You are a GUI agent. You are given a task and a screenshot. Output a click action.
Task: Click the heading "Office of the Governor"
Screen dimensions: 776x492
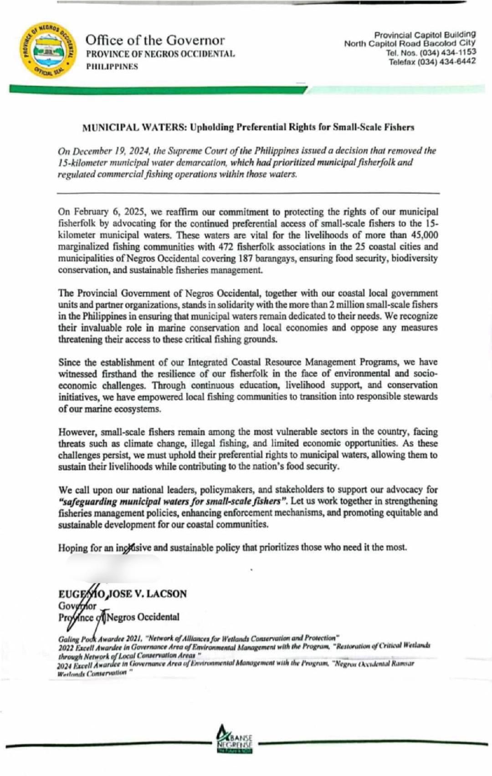pos(155,40)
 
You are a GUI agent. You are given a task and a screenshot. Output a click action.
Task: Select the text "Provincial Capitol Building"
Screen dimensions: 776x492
pos(425,35)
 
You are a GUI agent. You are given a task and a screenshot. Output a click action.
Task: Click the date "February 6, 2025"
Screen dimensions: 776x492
pos(108,212)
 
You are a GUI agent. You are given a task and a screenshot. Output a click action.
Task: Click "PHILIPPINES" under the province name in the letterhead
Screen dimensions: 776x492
pos(112,66)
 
